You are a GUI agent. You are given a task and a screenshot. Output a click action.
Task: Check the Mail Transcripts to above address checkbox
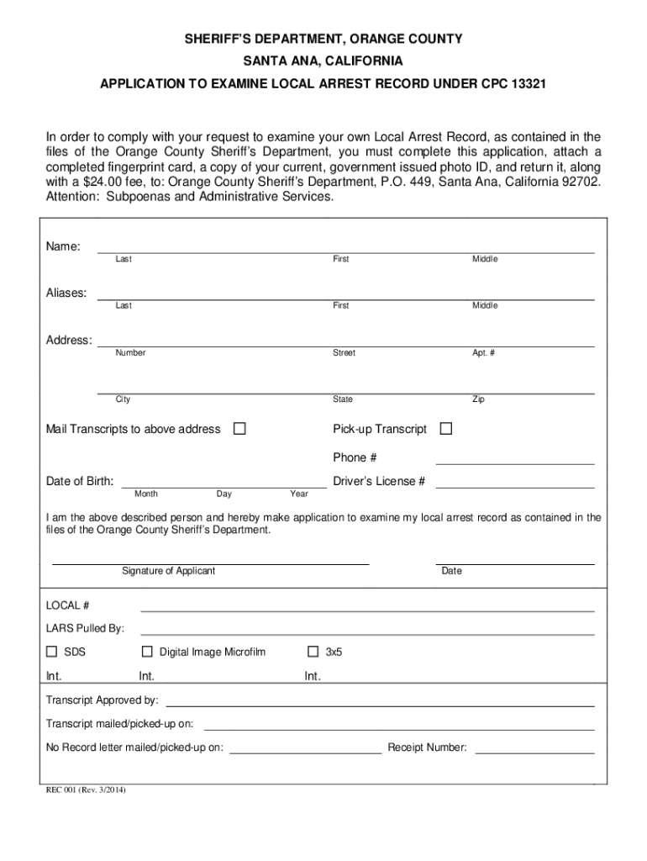click(239, 430)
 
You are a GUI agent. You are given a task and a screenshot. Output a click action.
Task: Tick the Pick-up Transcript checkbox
click(446, 430)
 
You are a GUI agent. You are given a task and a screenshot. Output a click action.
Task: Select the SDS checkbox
click(51, 652)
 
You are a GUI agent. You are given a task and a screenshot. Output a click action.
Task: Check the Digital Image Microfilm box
click(147, 652)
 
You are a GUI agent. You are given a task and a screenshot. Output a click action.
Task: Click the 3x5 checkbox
click(313, 652)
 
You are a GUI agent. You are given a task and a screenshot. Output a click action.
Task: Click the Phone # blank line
click(514, 458)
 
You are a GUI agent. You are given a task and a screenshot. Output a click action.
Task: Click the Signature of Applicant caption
click(168, 571)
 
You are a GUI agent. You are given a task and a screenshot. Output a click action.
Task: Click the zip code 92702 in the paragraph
click(581, 182)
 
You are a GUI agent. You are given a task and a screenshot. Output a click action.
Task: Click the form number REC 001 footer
click(85, 790)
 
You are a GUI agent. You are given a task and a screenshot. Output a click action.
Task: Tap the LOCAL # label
click(67, 605)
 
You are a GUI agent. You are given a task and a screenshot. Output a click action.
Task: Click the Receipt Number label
click(427, 747)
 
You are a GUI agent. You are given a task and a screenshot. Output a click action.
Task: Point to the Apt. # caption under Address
click(483, 353)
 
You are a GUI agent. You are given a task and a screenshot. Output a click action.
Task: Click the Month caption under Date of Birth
click(145, 494)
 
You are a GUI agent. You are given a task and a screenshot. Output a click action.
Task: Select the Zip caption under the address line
click(478, 399)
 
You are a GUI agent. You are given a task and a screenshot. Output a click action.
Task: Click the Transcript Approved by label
click(102, 700)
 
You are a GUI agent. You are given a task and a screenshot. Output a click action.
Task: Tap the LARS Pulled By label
click(85, 628)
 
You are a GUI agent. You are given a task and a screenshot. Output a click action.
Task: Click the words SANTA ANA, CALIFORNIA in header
click(323, 62)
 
